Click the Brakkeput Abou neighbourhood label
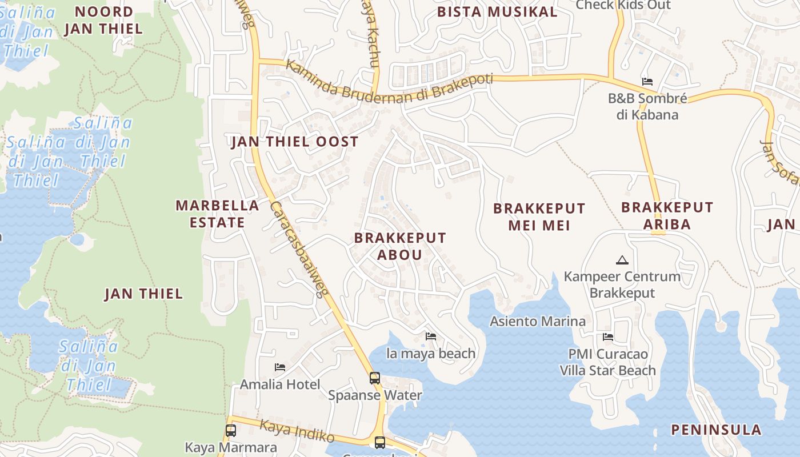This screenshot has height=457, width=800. pos(399,246)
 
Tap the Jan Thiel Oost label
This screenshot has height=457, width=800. pos(295,142)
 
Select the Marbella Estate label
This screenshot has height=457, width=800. pos(217,214)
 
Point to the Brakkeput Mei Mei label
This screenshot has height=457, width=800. pos(539,217)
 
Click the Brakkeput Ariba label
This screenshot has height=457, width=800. pos(667,215)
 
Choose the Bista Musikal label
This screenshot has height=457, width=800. pos(497,12)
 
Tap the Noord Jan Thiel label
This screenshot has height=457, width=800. pos(103,20)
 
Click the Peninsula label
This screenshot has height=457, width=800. pos(724,430)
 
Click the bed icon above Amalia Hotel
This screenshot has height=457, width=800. pos(280,367)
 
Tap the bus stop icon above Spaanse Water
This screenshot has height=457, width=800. pos(375,378)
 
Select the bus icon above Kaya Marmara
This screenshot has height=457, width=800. pos(231,431)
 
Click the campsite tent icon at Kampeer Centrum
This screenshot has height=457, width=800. pos(622,260)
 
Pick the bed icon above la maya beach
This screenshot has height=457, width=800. pos(431,336)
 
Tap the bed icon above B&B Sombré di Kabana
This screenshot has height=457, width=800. pos(647,81)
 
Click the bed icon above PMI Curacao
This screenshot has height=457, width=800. pos(608,337)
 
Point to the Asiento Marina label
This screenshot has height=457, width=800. pos(538,321)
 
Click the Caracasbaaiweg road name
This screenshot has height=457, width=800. pos(298,249)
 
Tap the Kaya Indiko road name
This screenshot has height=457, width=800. pos(297,431)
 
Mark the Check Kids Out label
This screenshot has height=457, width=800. pos(623,5)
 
